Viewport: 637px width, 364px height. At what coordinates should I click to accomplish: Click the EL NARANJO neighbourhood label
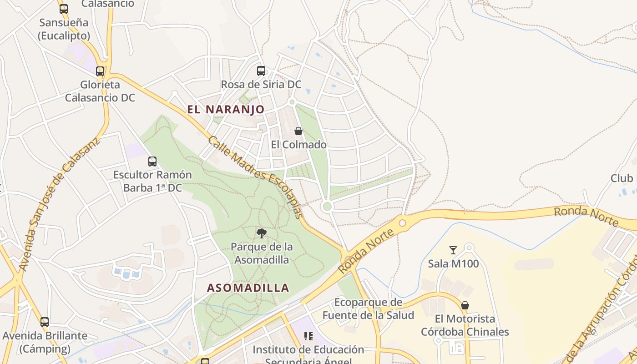pyautogui.click(x=226, y=109)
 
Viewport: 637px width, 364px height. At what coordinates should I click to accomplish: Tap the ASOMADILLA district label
pyautogui.click(x=248, y=288)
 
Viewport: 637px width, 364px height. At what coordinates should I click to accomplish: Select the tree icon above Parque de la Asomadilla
pyautogui.click(x=261, y=233)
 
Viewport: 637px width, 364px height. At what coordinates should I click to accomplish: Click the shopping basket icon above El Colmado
pyautogui.click(x=298, y=131)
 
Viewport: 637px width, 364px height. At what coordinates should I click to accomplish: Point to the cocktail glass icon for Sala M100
pyautogui.click(x=453, y=250)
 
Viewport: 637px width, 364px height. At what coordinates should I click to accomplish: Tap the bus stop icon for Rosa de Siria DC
pyautogui.click(x=261, y=71)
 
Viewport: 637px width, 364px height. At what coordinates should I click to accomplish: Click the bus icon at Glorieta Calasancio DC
pyautogui.click(x=100, y=71)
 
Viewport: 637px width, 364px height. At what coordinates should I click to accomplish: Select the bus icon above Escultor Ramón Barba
pyautogui.click(x=152, y=161)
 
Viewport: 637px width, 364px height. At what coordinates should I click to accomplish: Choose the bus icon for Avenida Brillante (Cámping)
pyautogui.click(x=45, y=322)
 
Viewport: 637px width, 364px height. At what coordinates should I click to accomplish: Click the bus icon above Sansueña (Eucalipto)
pyautogui.click(x=64, y=9)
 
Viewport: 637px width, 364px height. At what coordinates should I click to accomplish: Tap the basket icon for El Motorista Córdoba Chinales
pyautogui.click(x=465, y=305)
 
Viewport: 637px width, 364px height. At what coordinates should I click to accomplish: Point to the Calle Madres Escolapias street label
pyautogui.click(x=255, y=177)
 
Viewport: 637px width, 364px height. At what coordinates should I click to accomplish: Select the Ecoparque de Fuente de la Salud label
pyautogui.click(x=368, y=308)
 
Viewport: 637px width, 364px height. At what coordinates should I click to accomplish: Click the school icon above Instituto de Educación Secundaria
pyautogui.click(x=308, y=336)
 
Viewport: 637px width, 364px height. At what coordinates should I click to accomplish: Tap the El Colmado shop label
pyautogui.click(x=298, y=145)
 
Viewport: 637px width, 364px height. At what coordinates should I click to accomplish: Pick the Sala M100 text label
pyautogui.click(x=453, y=263)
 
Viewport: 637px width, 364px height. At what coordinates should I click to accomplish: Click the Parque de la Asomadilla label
pyautogui.click(x=262, y=253)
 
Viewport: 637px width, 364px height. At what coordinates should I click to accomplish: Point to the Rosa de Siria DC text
pyautogui.click(x=261, y=85)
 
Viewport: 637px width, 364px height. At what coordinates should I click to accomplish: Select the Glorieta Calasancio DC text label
pyautogui.click(x=100, y=91)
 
